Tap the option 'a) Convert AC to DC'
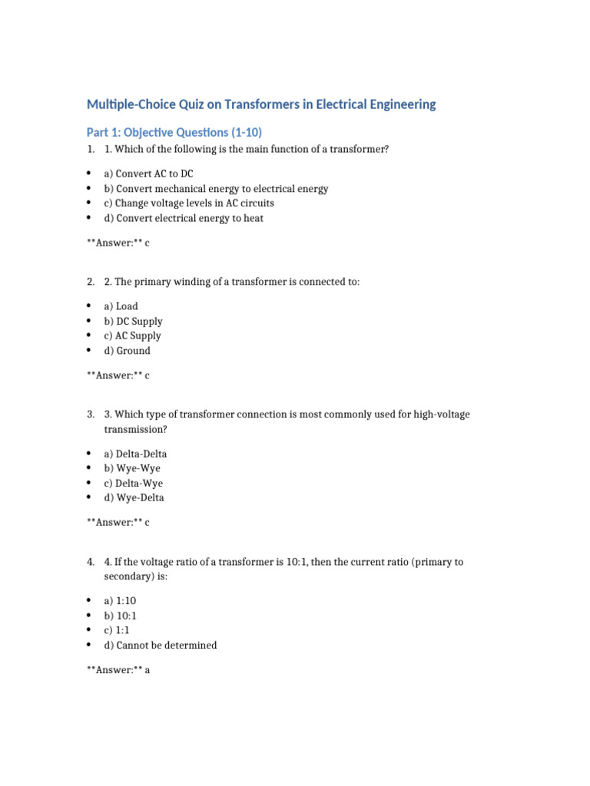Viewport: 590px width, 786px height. click(x=148, y=174)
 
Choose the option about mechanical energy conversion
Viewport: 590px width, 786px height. click(x=216, y=189)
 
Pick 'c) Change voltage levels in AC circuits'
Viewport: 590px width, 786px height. click(x=188, y=203)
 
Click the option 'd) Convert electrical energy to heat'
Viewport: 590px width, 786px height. click(x=184, y=218)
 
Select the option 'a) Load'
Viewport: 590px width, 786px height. click(x=121, y=306)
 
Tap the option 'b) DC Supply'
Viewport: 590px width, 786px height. click(x=133, y=321)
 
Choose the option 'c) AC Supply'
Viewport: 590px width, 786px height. click(x=132, y=335)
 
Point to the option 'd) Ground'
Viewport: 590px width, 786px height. click(x=128, y=351)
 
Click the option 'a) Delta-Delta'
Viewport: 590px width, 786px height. click(x=135, y=454)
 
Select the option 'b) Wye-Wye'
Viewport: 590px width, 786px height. click(x=132, y=468)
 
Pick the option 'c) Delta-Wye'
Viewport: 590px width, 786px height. click(x=133, y=483)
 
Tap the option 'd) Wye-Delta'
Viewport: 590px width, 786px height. click(x=134, y=497)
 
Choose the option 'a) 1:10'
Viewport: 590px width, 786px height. click(x=121, y=601)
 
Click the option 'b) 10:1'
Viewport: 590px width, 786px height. click(x=121, y=616)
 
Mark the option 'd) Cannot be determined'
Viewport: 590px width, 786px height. click(x=161, y=646)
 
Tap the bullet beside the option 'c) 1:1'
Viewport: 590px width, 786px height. click(x=89, y=630)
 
